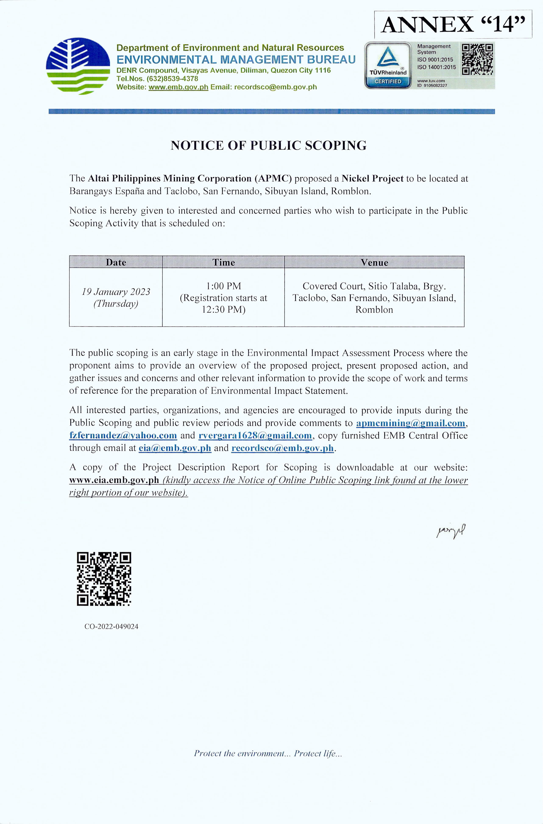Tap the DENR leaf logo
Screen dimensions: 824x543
(78, 66)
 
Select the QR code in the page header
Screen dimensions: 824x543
(478, 59)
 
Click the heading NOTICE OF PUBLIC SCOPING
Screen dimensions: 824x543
(268, 145)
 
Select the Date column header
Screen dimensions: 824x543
(116, 262)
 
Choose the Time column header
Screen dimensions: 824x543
(223, 262)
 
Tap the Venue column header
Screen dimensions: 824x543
(374, 262)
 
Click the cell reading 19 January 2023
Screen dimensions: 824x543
(116, 292)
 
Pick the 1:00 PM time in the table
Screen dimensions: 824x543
(223, 286)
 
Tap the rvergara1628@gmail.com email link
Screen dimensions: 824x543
(255, 436)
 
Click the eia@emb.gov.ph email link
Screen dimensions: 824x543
(175, 448)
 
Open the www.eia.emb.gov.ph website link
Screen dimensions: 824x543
(114, 480)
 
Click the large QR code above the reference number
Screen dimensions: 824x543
(104, 579)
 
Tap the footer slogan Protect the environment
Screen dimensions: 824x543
(268, 753)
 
